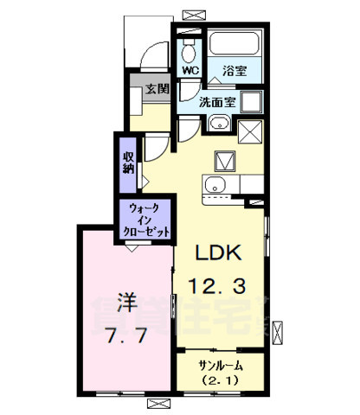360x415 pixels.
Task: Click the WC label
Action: coord(190,72)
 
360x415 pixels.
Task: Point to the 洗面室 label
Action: coord(217,101)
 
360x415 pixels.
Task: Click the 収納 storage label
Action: coord(128,162)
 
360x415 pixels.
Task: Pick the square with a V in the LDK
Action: coord(225,161)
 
